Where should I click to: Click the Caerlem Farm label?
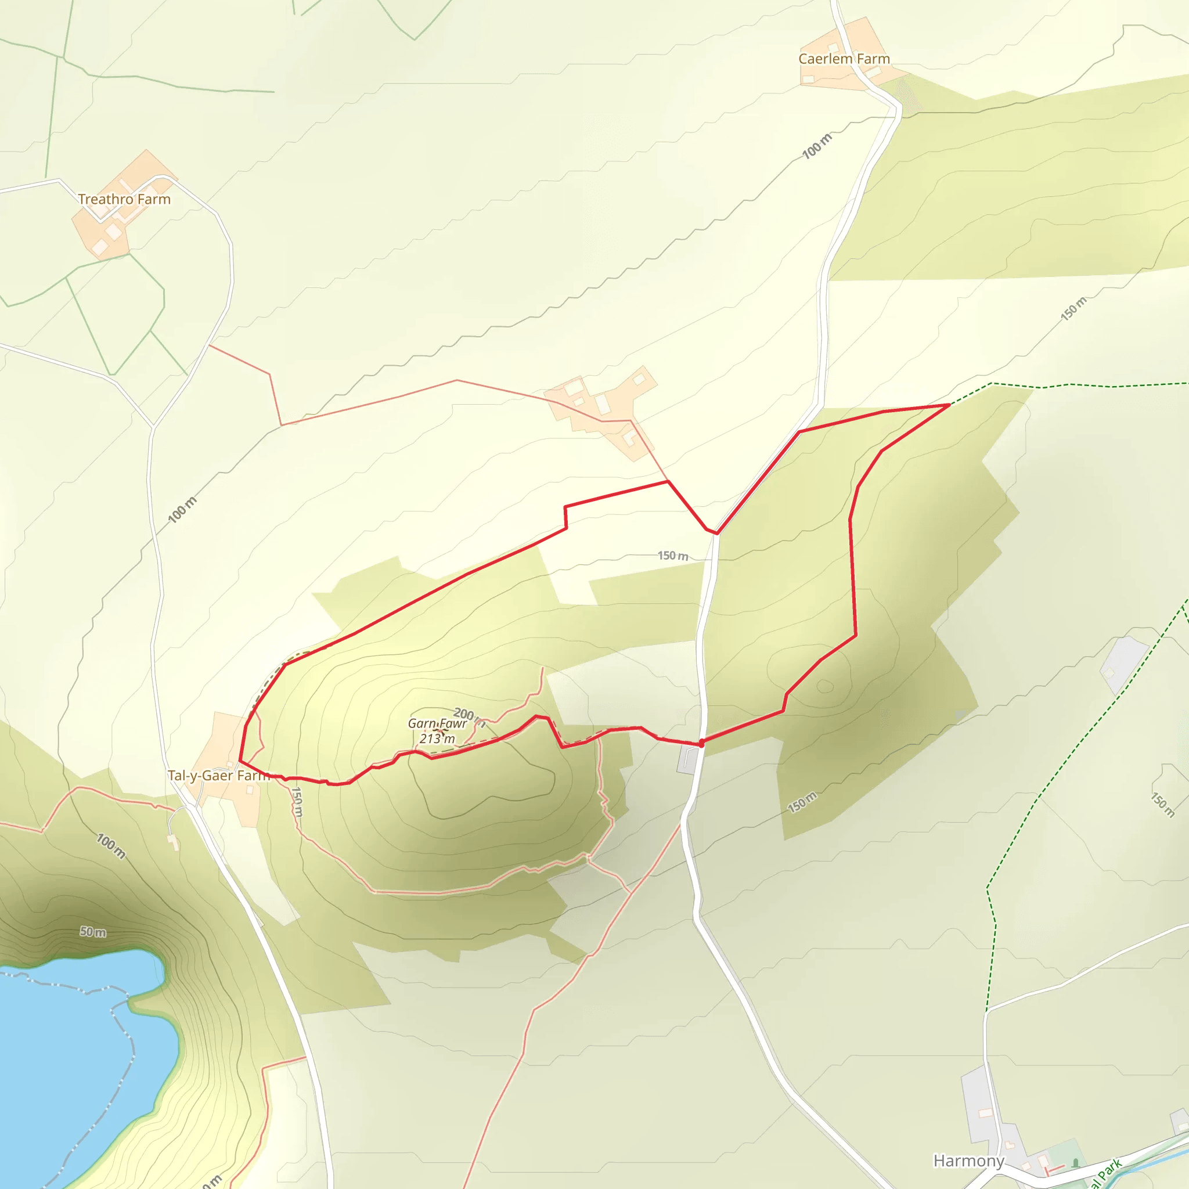tap(844, 59)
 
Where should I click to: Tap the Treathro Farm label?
tap(124, 199)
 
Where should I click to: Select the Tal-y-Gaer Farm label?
tap(218, 776)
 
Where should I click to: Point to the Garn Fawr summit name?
tap(437, 723)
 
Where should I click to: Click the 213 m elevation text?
tap(437, 738)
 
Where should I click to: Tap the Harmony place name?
tap(969, 1161)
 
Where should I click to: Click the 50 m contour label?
tap(92, 932)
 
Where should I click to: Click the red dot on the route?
tap(701, 744)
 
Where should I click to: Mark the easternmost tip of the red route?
tap(950, 405)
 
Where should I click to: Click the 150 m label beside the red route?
tap(673, 556)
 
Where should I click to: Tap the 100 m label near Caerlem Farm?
tap(817, 146)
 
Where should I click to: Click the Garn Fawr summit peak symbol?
tap(441, 730)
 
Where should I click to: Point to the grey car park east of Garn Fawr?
tap(688, 761)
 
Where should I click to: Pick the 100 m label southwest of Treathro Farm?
tap(182, 510)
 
